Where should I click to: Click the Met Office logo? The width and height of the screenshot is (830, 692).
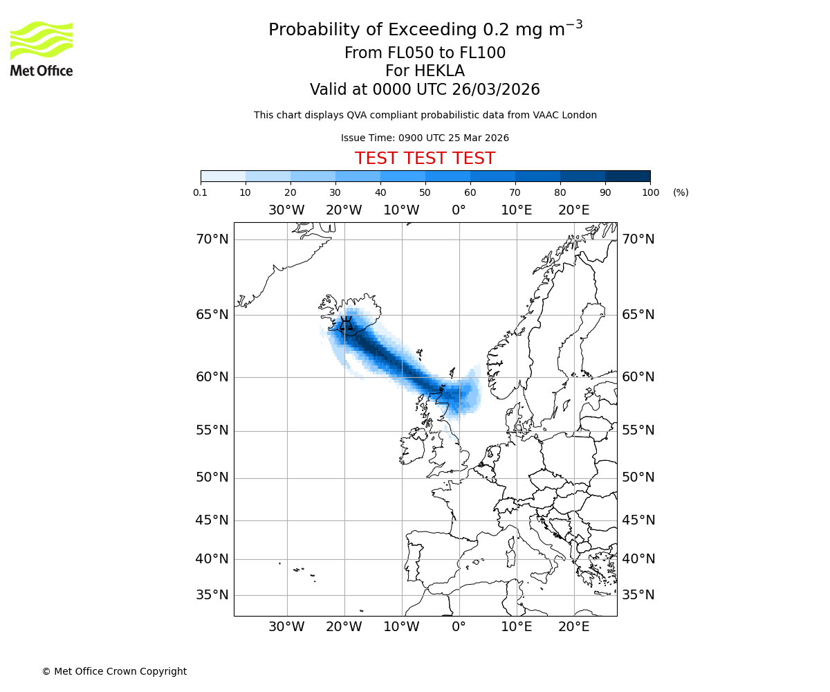coord(41,48)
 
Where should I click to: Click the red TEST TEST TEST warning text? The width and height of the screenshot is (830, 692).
coord(425,158)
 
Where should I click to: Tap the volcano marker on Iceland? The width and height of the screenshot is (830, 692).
coord(347,323)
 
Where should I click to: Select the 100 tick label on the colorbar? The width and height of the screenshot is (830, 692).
coord(650,192)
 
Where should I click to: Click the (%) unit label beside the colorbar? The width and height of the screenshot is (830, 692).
coord(681,192)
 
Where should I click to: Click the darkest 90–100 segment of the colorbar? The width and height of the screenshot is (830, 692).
coord(627,176)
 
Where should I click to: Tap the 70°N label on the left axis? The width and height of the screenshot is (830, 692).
coord(212,239)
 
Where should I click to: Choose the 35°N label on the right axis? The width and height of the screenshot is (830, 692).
coord(638,595)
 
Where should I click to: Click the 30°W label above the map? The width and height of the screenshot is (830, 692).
coord(286,210)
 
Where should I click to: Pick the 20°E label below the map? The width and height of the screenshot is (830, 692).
coord(573,627)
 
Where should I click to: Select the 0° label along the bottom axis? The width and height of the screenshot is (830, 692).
coord(459,627)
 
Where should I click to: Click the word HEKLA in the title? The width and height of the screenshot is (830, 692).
coord(439,71)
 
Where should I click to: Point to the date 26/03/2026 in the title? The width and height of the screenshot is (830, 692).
coord(496,90)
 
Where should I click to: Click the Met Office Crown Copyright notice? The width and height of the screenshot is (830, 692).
coord(114,671)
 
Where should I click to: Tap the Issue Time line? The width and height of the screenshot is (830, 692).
coord(425,138)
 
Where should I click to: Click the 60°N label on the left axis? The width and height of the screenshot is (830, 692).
coord(212,377)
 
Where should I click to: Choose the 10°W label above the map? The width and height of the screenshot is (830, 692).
coord(401,210)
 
